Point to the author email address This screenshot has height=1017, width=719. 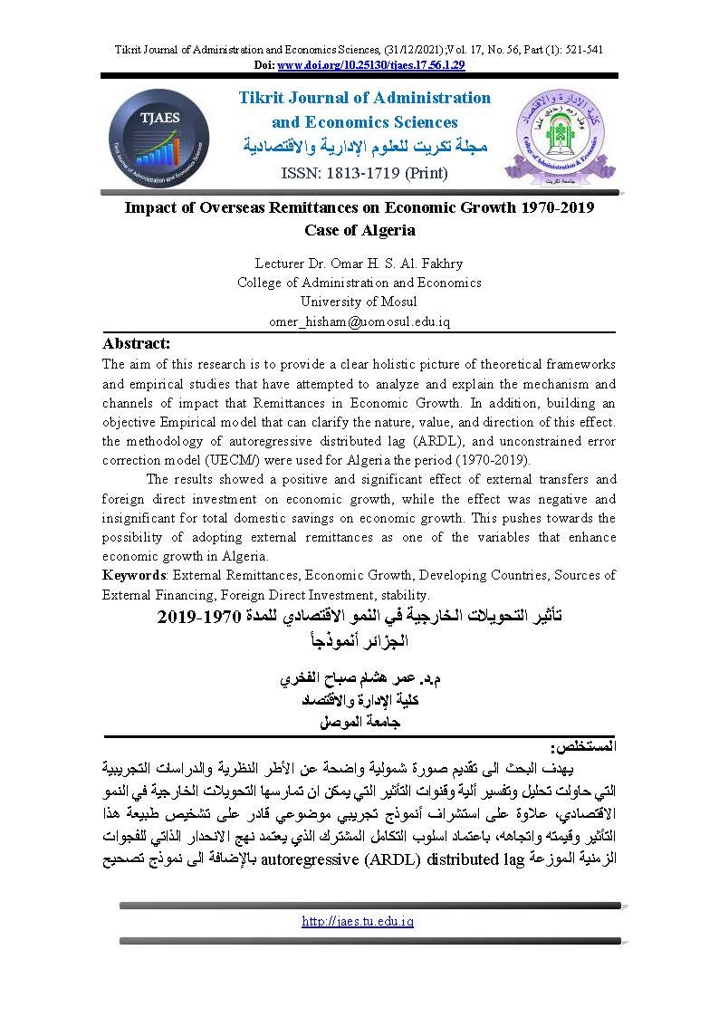(x=359, y=321)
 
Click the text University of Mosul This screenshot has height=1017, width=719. (x=359, y=302)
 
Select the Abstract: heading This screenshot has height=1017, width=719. (x=136, y=343)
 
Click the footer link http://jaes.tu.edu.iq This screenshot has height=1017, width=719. (x=358, y=921)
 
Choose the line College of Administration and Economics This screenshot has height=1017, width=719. (x=359, y=283)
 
